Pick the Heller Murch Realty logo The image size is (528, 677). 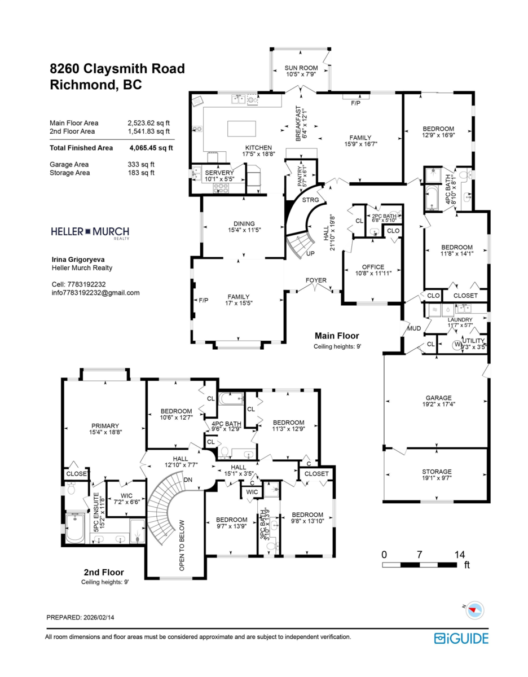tap(90, 232)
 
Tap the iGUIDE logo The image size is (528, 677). tap(461, 638)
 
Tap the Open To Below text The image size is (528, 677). tap(182, 545)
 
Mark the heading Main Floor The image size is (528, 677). tap(337, 336)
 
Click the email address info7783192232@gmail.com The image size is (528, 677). tap(95, 293)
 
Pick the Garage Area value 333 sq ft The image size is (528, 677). tap(141, 165)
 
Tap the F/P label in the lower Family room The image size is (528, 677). tap(204, 300)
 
